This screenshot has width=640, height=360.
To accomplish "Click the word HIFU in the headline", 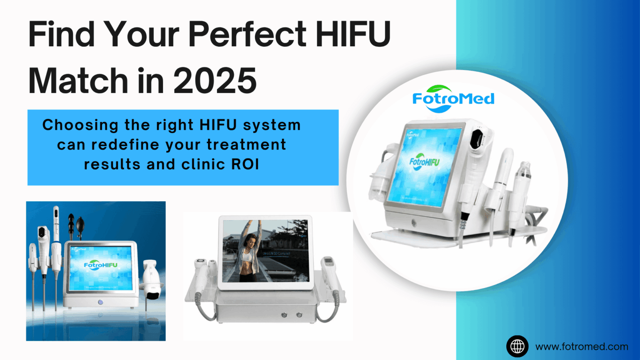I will (x=352, y=34).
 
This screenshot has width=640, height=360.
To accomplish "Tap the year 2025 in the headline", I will (x=215, y=80).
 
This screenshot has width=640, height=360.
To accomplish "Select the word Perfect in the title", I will (x=247, y=34).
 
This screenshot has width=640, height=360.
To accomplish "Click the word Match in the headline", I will (x=78, y=80).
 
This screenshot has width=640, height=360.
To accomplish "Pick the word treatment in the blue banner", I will (x=246, y=145).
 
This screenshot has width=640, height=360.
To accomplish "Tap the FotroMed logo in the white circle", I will (x=453, y=99).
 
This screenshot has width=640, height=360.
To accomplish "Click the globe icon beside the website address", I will (x=517, y=346).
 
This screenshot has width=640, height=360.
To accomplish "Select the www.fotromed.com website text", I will (x=582, y=346).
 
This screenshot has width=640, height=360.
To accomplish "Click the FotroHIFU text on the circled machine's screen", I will (x=424, y=161).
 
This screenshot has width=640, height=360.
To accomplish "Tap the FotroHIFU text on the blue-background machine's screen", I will (x=100, y=265).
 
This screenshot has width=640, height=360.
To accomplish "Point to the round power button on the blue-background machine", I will (x=100, y=302).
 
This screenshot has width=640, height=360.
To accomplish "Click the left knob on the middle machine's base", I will (x=284, y=315).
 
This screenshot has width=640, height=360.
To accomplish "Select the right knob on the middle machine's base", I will (x=299, y=315).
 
